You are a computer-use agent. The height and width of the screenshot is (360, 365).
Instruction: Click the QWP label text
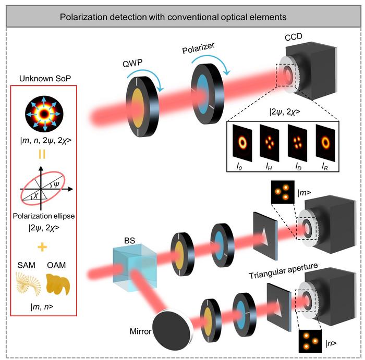click(x=132, y=63)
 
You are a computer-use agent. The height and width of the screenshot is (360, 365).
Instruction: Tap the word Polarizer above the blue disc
click(x=198, y=48)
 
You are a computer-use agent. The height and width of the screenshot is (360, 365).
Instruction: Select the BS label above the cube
click(x=130, y=241)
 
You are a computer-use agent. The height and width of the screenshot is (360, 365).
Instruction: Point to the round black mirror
click(x=173, y=330)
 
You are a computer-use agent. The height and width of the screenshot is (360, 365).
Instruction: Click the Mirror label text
click(x=141, y=331)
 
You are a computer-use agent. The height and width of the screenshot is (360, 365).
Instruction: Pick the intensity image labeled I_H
click(x=270, y=143)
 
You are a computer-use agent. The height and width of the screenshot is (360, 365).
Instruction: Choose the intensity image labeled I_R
click(x=325, y=143)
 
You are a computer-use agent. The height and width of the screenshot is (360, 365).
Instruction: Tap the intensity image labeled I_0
click(x=242, y=143)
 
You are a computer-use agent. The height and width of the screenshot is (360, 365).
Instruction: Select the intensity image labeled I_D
click(x=297, y=143)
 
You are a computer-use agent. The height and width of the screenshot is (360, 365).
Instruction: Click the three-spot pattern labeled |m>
click(x=283, y=192)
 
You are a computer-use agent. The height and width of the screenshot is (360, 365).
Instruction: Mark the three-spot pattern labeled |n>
click(x=310, y=341)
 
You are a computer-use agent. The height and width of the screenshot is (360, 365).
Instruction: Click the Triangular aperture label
click(x=283, y=270)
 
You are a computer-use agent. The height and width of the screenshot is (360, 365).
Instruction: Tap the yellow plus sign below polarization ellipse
click(x=42, y=247)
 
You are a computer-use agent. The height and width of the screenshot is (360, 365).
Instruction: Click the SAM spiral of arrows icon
click(x=28, y=284)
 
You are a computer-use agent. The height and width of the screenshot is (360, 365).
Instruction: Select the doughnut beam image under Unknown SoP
click(x=44, y=114)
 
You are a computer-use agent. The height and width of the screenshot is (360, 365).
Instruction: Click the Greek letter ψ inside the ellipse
click(x=56, y=184)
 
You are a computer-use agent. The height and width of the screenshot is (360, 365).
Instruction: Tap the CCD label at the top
click(x=293, y=36)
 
